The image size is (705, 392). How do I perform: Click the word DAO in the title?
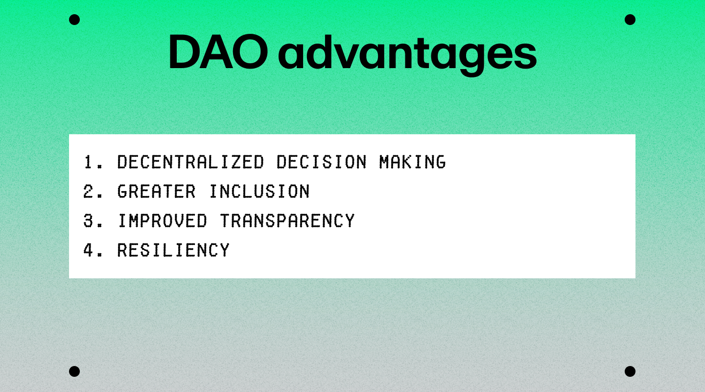218,52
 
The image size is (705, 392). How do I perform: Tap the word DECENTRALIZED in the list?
191,162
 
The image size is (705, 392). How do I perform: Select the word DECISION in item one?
322,162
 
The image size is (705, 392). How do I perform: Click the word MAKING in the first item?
413,162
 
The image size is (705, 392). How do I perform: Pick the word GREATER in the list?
157,192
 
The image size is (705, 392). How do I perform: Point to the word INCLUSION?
259,192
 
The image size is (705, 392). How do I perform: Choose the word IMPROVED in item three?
163,221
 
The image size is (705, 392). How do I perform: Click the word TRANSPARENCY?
287,221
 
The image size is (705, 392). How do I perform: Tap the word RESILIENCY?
173,250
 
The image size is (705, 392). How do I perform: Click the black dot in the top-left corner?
74,20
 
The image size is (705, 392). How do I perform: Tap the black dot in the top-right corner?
630,20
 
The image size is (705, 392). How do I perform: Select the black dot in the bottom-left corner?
74,371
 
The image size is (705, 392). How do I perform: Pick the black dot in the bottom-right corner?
630,371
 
